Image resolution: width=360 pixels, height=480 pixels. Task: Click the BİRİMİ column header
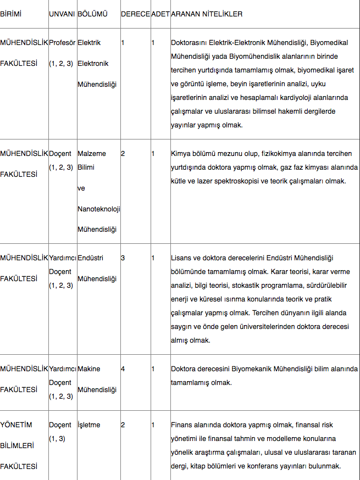click(11, 13)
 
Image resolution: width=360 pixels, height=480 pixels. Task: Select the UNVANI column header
click(62, 13)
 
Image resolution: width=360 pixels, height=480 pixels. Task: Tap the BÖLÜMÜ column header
click(91, 13)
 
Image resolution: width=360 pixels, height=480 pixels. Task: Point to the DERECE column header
click(135, 13)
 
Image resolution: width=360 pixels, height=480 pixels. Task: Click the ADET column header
click(160, 13)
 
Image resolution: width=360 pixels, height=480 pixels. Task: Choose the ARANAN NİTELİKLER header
click(207, 13)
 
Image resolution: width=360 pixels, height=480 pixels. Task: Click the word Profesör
click(62, 42)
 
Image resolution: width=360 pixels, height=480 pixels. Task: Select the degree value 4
click(123, 369)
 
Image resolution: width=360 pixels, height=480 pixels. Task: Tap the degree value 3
click(123, 258)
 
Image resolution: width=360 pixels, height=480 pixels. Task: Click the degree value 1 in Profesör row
click(123, 42)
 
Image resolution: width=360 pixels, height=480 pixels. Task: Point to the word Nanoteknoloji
click(99, 209)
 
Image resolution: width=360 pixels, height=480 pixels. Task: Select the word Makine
click(89, 369)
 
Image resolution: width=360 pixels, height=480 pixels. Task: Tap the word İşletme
click(89, 425)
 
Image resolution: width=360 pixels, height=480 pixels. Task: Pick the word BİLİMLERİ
click(17, 446)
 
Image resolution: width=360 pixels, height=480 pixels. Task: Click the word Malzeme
click(92, 154)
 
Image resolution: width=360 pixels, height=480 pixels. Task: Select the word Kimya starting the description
click(181, 154)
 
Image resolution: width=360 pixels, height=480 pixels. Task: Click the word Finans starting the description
click(182, 425)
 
